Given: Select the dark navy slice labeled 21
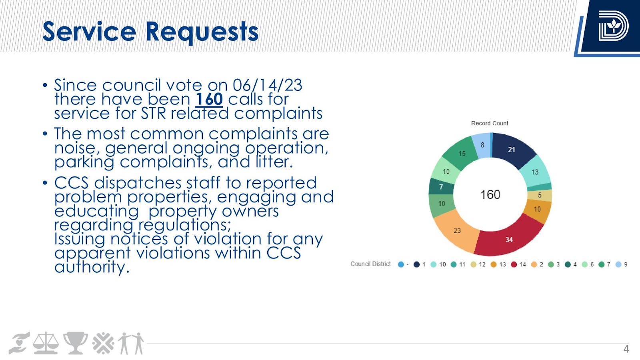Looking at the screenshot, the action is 512,150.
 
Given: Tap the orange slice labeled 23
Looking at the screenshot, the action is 457,230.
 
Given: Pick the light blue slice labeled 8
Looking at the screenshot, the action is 481,146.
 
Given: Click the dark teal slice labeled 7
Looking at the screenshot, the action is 441,187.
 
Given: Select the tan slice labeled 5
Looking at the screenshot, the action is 540,196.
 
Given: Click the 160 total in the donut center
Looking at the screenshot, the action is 490,195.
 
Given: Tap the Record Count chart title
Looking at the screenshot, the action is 490,123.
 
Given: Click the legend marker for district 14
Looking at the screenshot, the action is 514,264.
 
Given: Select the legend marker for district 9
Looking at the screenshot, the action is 618,264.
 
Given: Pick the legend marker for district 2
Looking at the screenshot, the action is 534,264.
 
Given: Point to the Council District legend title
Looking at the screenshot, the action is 370,264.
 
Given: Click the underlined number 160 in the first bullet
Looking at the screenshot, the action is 210,99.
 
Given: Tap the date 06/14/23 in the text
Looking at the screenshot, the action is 268,85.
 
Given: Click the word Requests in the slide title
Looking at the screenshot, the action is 202,32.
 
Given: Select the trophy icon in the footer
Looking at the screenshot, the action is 76,343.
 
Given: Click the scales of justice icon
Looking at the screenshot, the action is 46,343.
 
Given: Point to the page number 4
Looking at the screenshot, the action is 626,349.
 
